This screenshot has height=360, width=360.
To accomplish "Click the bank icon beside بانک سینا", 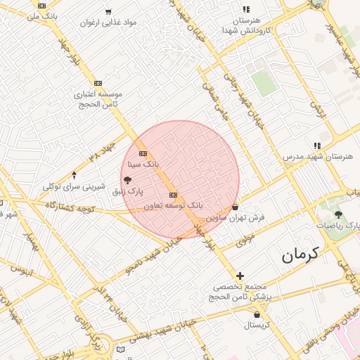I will click(x=143, y=153).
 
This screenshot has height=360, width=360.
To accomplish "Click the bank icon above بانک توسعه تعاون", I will click(x=173, y=195).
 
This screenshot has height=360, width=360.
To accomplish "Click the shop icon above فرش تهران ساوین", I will click(x=235, y=207).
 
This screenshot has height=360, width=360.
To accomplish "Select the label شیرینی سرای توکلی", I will click(x=75, y=186).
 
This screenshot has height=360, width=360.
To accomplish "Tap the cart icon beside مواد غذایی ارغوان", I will click(x=108, y=11).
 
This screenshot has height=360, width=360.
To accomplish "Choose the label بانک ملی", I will click(x=43, y=15).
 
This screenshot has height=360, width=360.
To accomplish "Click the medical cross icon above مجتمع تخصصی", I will click(x=240, y=276).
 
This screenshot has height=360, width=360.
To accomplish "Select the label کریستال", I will click(x=262, y=326).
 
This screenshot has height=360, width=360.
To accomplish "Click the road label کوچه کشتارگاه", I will click(x=70, y=207).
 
